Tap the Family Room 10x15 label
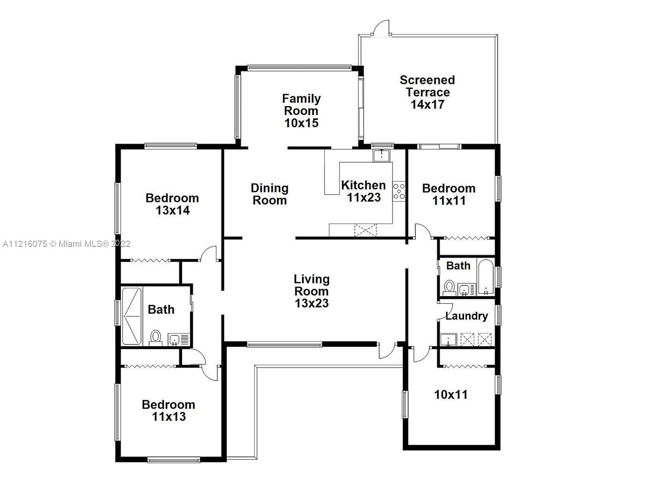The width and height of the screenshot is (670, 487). click(301, 111)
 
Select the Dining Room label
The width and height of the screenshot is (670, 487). click(269, 194)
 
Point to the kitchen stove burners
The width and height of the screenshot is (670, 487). click(399, 191)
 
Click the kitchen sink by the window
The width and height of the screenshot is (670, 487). click(381, 155)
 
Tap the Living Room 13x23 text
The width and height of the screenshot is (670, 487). click(312, 291)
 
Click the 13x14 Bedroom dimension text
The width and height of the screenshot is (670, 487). click(172, 210)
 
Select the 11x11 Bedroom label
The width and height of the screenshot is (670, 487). click(448, 194)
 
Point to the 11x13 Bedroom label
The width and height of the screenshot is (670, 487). click(168, 411)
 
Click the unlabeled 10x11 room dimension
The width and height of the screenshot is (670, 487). click(451, 394)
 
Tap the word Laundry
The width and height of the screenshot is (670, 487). click(466, 316)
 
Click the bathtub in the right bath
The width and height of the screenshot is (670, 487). click(485, 277)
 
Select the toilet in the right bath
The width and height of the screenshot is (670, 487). click(449, 287)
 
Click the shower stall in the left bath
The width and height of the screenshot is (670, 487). click(131, 316)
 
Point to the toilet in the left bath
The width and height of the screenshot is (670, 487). click(155, 338)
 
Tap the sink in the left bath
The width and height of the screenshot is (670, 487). click(174, 340)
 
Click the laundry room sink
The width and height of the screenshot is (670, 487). click(448, 340)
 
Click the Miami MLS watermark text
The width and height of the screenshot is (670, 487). click(66, 244)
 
